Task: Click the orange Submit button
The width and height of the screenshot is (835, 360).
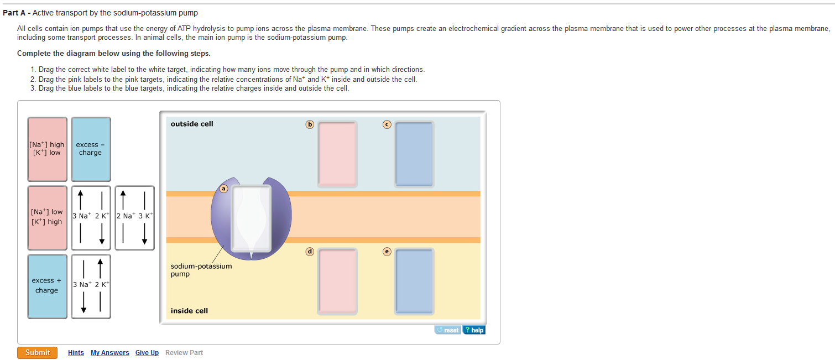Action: (x=37, y=353)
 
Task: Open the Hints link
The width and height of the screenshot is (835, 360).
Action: (x=76, y=353)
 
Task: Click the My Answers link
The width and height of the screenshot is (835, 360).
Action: (x=110, y=353)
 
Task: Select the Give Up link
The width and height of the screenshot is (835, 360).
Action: (x=147, y=353)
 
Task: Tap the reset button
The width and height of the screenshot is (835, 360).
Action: (x=448, y=330)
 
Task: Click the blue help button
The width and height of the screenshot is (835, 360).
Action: (x=474, y=330)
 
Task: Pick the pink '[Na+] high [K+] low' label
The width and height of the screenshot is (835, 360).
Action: (x=48, y=149)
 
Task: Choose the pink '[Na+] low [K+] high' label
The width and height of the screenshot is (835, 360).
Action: (x=48, y=218)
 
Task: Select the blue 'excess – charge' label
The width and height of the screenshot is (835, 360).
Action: (x=91, y=149)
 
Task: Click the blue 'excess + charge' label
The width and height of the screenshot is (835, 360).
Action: (x=48, y=286)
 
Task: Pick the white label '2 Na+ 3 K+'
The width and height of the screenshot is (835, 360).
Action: (x=134, y=218)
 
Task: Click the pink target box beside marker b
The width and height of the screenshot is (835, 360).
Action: (x=337, y=154)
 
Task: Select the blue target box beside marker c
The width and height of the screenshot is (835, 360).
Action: (x=414, y=154)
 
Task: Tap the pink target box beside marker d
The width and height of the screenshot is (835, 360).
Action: (x=337, y=281)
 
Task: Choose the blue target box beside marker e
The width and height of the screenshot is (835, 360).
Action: (x=414, y=281)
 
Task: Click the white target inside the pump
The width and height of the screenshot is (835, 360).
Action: (x=251, y=219)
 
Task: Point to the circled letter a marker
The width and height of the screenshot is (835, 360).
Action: (x=223, y=189)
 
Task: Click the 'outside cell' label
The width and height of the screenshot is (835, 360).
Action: (x=192, y=124)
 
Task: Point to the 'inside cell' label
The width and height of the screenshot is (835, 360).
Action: (x=189, y=310)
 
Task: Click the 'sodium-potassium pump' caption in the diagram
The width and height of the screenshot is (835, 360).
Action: (x=201, y=270)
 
